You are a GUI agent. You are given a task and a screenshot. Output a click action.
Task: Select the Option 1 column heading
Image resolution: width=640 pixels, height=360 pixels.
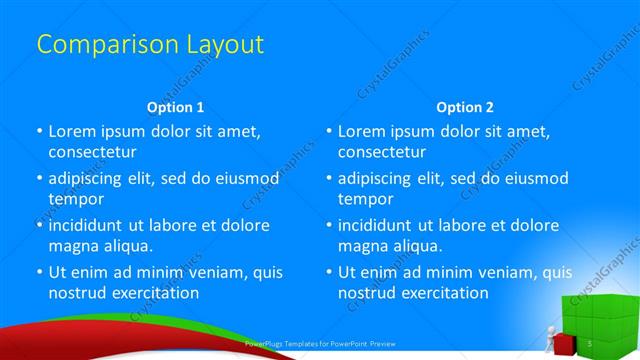[175, 106]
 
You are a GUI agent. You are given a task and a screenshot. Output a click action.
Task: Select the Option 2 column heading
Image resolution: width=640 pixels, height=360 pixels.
[465, 106]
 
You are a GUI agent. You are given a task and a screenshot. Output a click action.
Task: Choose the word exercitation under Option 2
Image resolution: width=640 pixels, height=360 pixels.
[444, 293]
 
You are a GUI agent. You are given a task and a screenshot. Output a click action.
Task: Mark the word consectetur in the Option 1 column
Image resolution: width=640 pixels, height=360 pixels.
[93, 152]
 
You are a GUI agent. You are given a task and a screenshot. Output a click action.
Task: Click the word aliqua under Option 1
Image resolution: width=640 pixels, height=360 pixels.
[125, 246]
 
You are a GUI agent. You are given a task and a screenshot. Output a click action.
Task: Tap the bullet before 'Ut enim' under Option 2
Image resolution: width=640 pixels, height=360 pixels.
[328, 272]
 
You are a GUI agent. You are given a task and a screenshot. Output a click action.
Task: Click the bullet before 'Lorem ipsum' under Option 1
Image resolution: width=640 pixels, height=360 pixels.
[39, 131]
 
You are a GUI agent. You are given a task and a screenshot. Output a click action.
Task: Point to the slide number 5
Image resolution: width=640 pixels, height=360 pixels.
[591, 344]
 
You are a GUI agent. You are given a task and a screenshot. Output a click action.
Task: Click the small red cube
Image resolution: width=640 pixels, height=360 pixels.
[564, 345]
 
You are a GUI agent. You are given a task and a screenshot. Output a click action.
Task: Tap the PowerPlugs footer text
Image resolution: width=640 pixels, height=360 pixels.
[319, 344]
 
